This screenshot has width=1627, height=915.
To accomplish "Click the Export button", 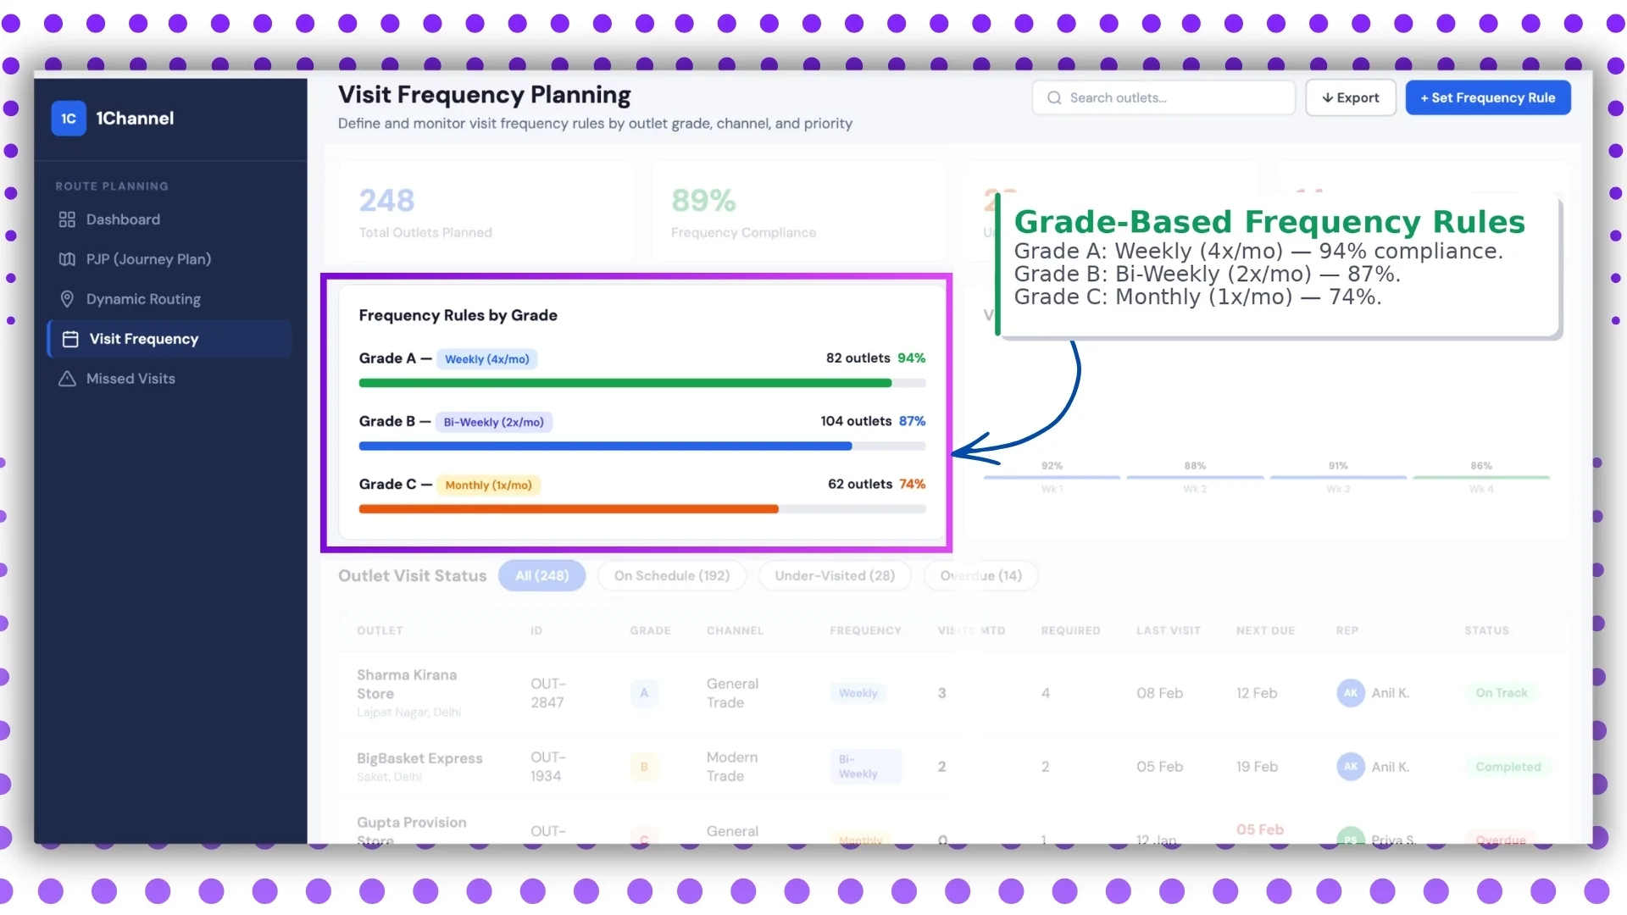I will [1350, 98].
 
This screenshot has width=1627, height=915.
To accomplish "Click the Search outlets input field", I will [1163, 98].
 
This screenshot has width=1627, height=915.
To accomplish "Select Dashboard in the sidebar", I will [122, 219].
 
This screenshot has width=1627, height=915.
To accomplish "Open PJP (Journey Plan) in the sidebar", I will [147, 259].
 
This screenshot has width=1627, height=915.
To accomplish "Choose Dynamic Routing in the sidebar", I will [142, 299].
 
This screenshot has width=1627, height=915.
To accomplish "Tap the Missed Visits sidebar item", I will [130, 379].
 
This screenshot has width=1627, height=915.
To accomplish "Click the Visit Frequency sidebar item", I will [143, 339].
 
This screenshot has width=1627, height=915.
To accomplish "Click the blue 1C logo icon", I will [69, 119].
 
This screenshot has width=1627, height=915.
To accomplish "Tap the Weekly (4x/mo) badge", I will [486, 359].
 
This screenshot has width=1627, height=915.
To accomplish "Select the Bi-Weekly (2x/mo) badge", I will [493, 422].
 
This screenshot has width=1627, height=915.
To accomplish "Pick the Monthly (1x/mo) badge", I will [488, 485].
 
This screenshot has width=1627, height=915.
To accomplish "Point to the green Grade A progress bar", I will [625, 383].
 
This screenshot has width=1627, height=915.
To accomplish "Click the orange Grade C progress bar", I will [568, 509].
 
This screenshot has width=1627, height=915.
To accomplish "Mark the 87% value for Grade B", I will [912, 421].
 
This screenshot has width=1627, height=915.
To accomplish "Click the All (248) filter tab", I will [541, 576].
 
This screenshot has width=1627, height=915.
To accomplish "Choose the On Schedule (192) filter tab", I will [671, 576].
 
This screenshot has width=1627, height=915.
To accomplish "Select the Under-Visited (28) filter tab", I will [834, 576].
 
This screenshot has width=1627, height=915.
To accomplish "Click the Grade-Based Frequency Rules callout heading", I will [1269, 222].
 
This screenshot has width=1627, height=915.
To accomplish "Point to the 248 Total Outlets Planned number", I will [386, 201].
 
